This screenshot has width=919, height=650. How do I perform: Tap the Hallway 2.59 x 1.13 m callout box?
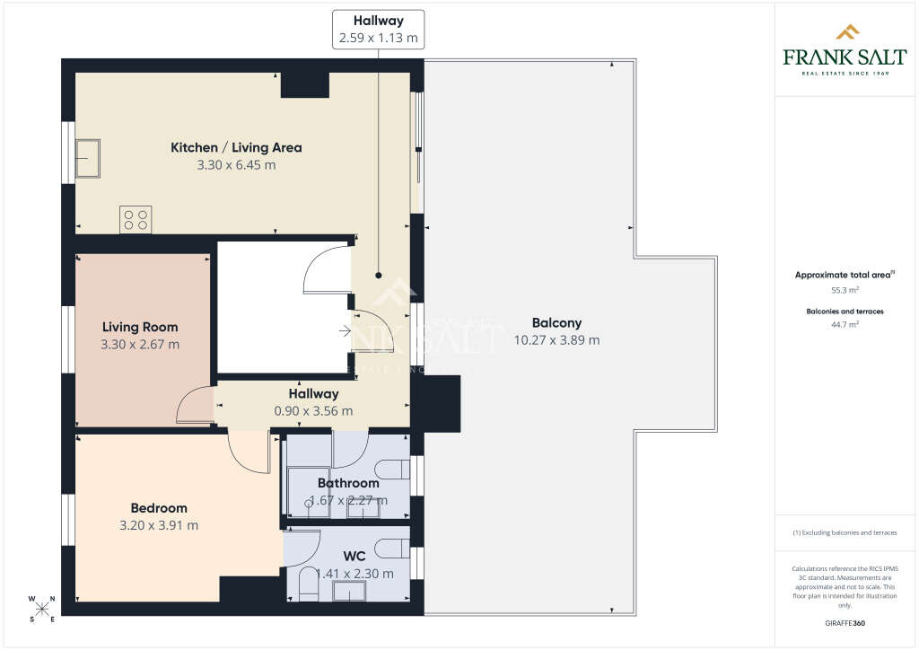tap(378, 29)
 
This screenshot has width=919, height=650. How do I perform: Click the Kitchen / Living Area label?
tap(236, 147)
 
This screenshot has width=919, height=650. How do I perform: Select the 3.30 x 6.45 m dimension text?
tap(236, 164)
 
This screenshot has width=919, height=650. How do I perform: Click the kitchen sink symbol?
tap(88, 158)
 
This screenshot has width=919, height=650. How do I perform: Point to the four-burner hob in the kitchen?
tap(136, 219)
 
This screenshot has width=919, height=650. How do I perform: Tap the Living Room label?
tap(140, 327)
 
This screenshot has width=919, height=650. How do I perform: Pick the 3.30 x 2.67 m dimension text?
tap(140, 344)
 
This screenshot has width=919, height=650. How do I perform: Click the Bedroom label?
tap(159, 507)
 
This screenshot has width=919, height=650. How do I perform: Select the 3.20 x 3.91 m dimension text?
tap(159, 525)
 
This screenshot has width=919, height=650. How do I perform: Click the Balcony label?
tap(556, 323)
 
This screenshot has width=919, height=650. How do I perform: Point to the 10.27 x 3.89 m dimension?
tap(556, 340)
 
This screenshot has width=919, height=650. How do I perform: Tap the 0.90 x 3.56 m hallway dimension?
tap(313, 410)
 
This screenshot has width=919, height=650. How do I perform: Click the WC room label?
tap(354, 556)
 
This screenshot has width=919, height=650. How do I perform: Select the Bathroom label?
tap(348, 483)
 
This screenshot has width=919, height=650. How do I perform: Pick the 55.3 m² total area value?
tap(845, 290)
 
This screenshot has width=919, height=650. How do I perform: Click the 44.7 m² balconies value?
tap(845, 324)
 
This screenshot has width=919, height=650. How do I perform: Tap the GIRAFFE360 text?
tap(845, 623)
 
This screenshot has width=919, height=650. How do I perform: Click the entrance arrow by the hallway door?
tap(346, 331)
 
